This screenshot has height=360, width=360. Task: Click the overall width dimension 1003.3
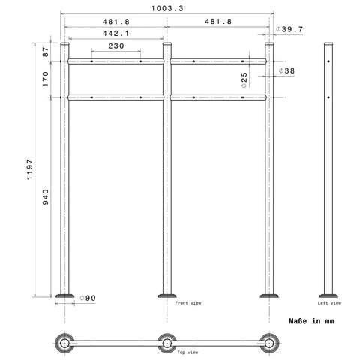pyautogui.click(x=165, y=8)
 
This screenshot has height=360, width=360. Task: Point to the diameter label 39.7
pyautogui.click(x=289, y=29)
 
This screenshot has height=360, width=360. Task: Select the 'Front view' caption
pyautogui.click(x=188, y=303)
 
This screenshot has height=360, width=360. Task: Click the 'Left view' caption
pyautogui.click(x=328, y=303)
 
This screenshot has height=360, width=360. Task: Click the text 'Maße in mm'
pyautogui.click(x=311, y=321)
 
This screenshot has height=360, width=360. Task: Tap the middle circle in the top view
pyautogui.click(x=166, y=343)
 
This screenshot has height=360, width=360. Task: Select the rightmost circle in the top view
pyautogui.click(x=267, y=343)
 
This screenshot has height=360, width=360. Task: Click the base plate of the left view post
pyautogui.click(x=328, y=295)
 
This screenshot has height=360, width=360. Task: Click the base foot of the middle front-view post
pyautogui.click(x=166, y=295)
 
